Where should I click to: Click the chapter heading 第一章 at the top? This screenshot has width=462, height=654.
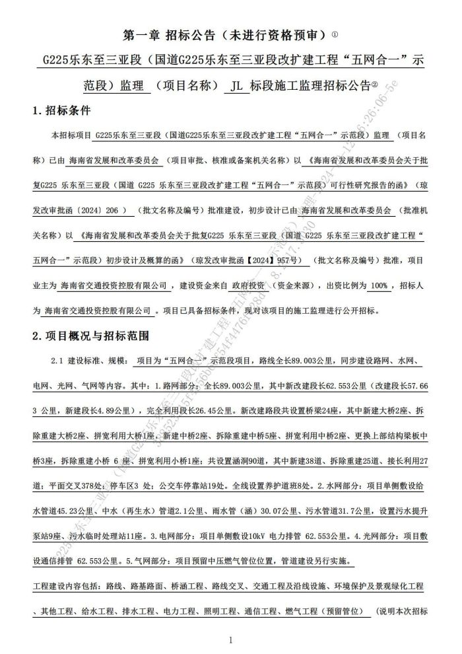pyautogui.click(x=143, y=34)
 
